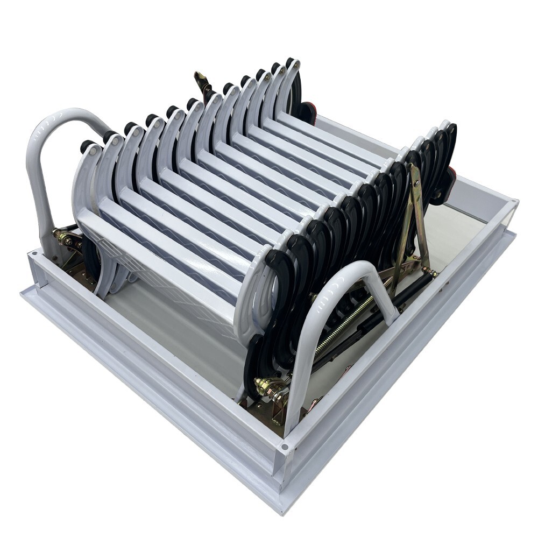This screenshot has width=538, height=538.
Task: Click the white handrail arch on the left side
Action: [x=40, y=161]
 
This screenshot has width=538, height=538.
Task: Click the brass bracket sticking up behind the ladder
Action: [x=203, y=83]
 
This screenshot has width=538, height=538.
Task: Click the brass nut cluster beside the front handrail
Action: [x=266, y=387]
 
